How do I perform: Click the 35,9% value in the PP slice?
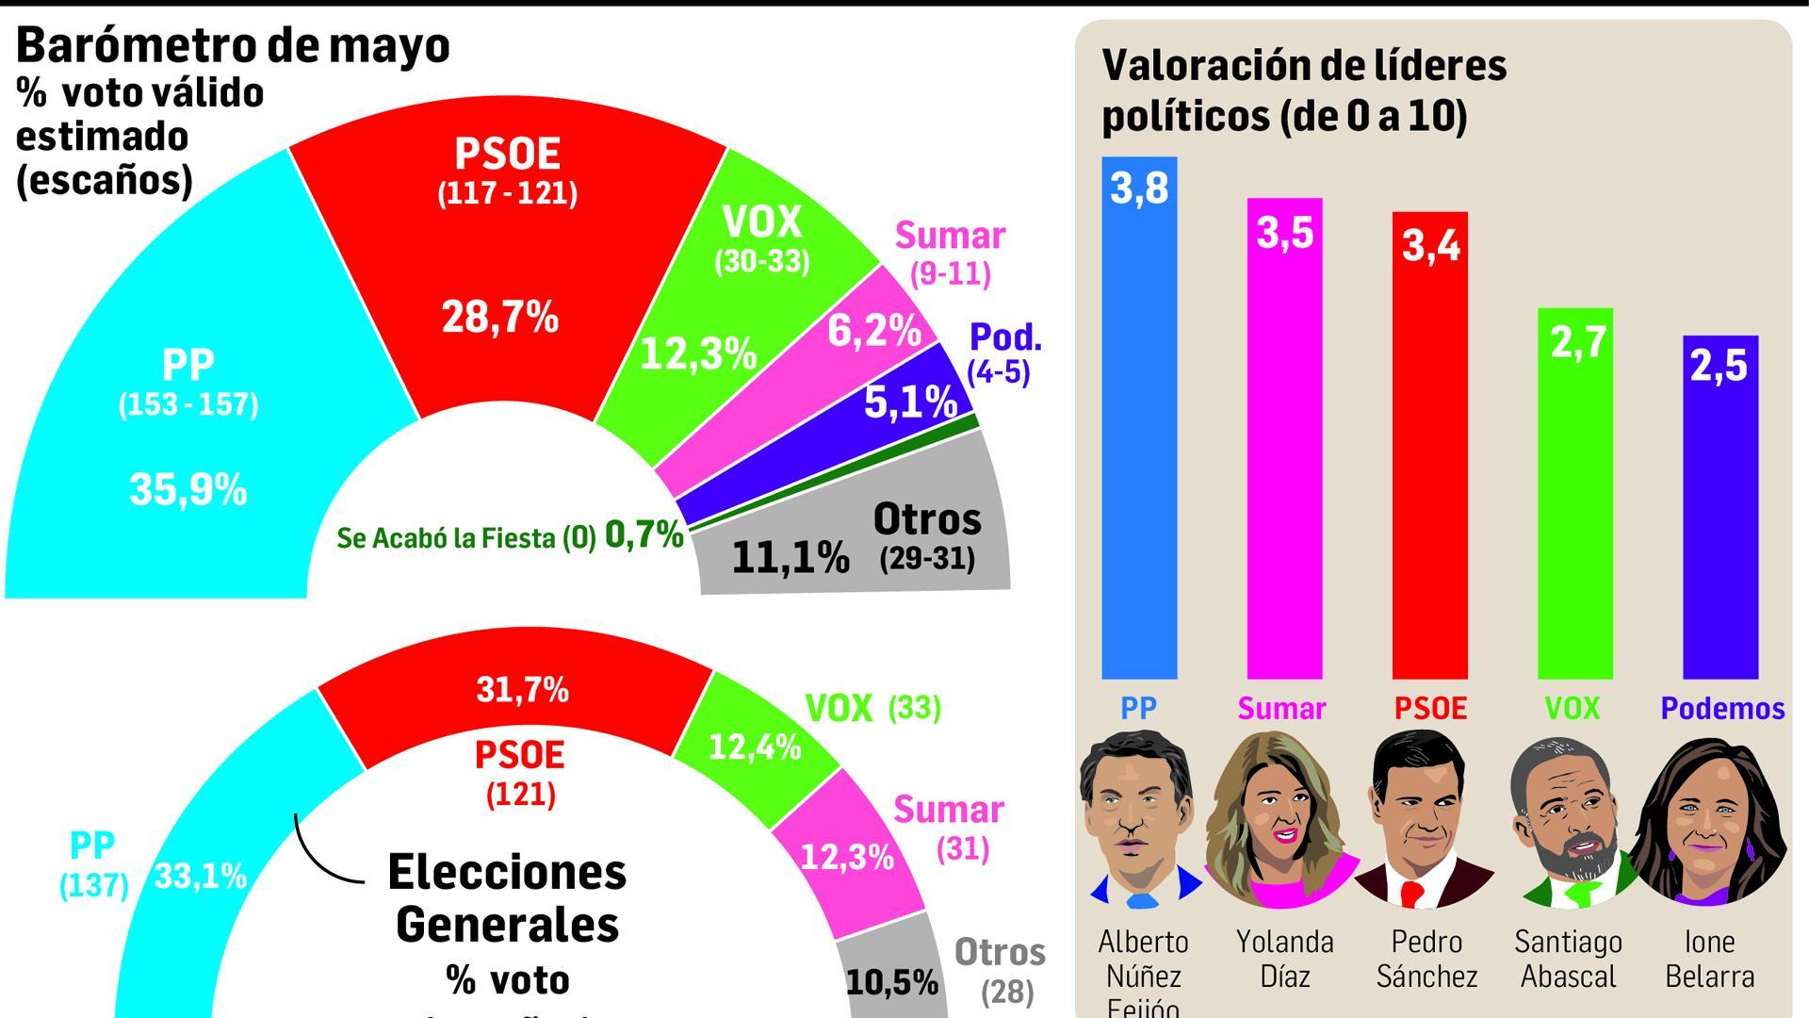(x=187, y=490)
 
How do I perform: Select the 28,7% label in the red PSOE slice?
(x=499, y=318)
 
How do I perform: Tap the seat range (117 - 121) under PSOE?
(x=507, y=194)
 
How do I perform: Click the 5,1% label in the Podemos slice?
(x=910, y=403)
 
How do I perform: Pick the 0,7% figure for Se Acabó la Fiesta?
(x=644, y=535)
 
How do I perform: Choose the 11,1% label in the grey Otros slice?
(x=790, y=558)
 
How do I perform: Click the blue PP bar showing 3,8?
(x=1139, y=424)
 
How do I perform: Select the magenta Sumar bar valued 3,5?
(x=1284, y=443)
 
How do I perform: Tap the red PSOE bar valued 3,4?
(x=1429, y=452)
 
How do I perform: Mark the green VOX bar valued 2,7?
(x=1574, y=500)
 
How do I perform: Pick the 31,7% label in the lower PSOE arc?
(x=522, y=691)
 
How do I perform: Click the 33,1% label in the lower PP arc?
(x=200, y=878)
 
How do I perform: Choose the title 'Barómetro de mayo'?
(x=233, y=45)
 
